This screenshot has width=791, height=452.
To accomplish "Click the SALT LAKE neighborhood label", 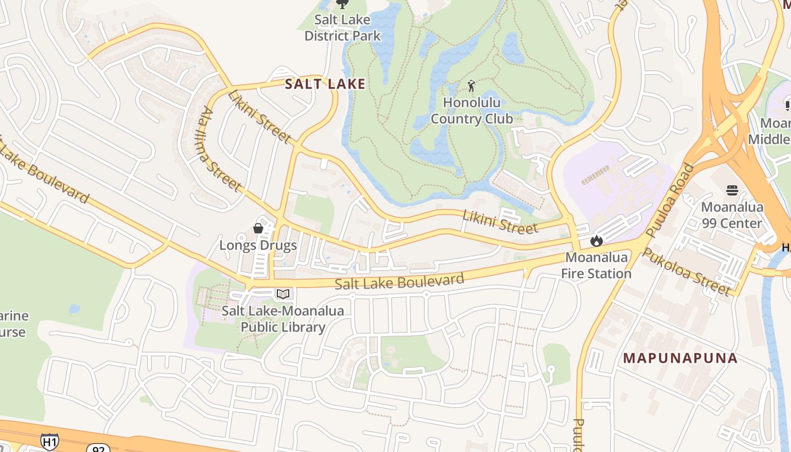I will (325, 84).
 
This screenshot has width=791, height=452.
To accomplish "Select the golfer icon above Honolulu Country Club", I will (472, 86).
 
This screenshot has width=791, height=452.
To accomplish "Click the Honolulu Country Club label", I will (472, 111).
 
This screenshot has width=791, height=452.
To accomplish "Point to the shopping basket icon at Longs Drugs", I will (258, 228).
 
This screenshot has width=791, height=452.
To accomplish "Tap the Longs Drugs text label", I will (258, 245).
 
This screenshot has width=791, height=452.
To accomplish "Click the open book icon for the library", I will (283, 294).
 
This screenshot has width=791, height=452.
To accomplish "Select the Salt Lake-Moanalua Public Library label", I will (282, 319).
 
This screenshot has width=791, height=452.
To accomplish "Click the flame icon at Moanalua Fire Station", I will (596, 241).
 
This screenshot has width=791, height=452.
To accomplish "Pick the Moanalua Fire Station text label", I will (598, 266).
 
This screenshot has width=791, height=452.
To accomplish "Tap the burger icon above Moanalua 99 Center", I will (732, 190).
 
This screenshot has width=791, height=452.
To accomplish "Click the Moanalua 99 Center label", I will (732, 215).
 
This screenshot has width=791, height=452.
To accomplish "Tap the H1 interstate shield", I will (49, 441).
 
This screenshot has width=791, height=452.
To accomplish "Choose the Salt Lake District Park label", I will (342, 28).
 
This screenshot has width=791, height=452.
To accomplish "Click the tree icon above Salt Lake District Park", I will (342, 5).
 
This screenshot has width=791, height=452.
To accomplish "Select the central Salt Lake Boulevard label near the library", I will (399, 281).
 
